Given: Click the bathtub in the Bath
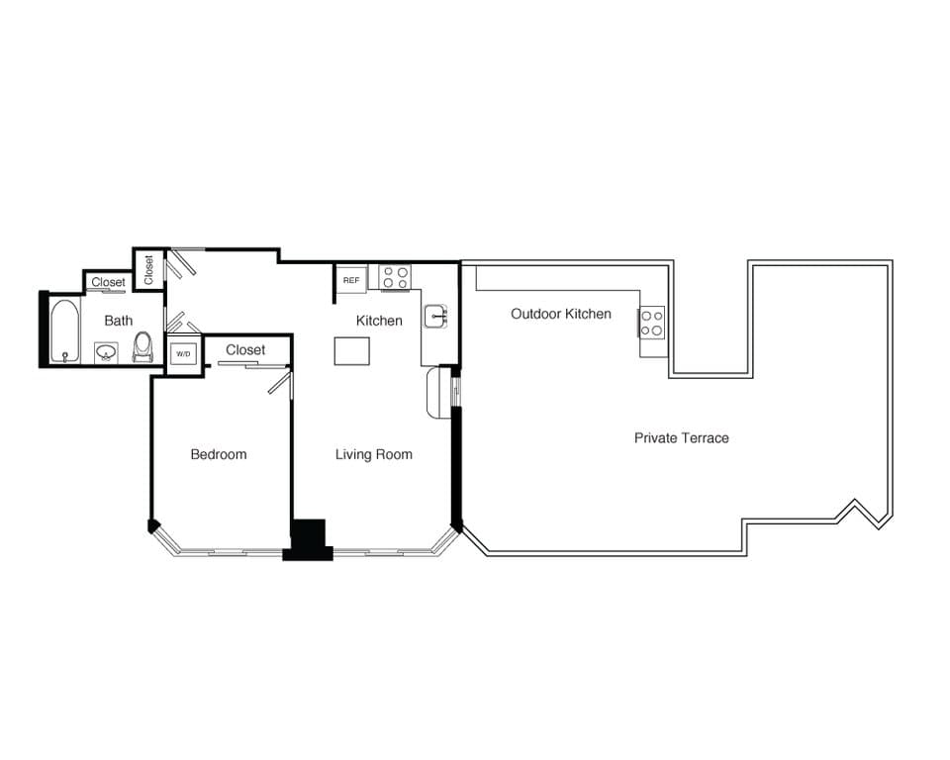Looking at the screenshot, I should pyautogui.click(x=65, y=331).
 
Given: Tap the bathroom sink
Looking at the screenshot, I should pyautogui.click(x=107, y=351).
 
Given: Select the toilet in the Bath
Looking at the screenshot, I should pyautogui.click(x=142, y=347).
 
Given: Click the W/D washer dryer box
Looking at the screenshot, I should pyautogui.click(x=183, y=353).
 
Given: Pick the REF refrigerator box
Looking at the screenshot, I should pyautogui.click(x=351, y=280).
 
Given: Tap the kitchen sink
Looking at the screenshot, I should pyautogui.click(x=436, y=317).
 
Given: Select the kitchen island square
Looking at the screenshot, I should pyautogui.click(x=351, y=351).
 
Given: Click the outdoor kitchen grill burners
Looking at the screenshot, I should pyautogui.click(x=652, y=323).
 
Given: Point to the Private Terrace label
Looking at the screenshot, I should pyautogui.click(x=681, y=437).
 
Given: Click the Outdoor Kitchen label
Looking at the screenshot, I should pyautogui.click(x=560, y=314).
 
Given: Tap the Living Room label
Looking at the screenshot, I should pyautogui.click(x=373, y=454).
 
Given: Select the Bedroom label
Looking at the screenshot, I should pyautogui.click(x=219, y=454).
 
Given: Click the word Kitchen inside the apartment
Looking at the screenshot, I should pyautogui.click(x=379, y=321).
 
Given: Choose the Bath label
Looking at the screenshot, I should pyautogui.click(x=118, y=321).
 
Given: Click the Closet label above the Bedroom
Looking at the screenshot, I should pyautogui.click(x=245, y=349).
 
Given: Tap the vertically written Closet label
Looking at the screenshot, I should pyautogui.click(x=148, y=270).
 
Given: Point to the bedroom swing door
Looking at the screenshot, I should pyautogui.click(x=279, y=383).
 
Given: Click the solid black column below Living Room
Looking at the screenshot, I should pyautogui.click(x=308, y=539).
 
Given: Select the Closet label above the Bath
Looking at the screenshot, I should pyautogui.click(x=108, y=282).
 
